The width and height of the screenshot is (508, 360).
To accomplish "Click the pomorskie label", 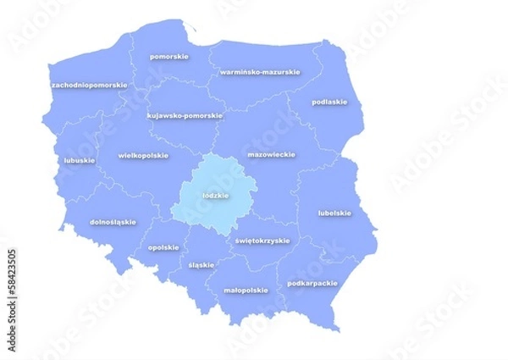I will coord(168,57).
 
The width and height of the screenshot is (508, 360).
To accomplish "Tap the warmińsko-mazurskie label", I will coord(259,72).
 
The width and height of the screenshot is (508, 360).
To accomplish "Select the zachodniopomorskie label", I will coord(89,85).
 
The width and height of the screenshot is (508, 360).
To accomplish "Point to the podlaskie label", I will coord(329,102).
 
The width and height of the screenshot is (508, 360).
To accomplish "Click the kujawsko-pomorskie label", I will coord(185,115).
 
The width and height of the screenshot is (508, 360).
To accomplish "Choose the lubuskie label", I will coord(79,159).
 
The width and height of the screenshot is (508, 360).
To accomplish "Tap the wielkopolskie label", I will coord(143,155).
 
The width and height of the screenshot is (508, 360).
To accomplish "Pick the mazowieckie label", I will coord(271,155).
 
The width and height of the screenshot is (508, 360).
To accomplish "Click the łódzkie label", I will coord(216,195).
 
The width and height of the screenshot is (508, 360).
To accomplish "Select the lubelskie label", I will coord(334,213).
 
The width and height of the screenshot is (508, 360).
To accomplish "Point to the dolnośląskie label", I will coord(113,222).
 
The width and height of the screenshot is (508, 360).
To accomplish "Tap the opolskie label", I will coord(163,247).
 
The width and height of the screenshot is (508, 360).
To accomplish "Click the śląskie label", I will coord(201,264).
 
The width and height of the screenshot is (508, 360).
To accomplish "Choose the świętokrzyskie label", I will coord(262,240).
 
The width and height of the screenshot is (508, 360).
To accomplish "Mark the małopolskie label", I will coord(246,290).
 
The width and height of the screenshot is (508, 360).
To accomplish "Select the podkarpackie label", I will coord(312,283).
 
